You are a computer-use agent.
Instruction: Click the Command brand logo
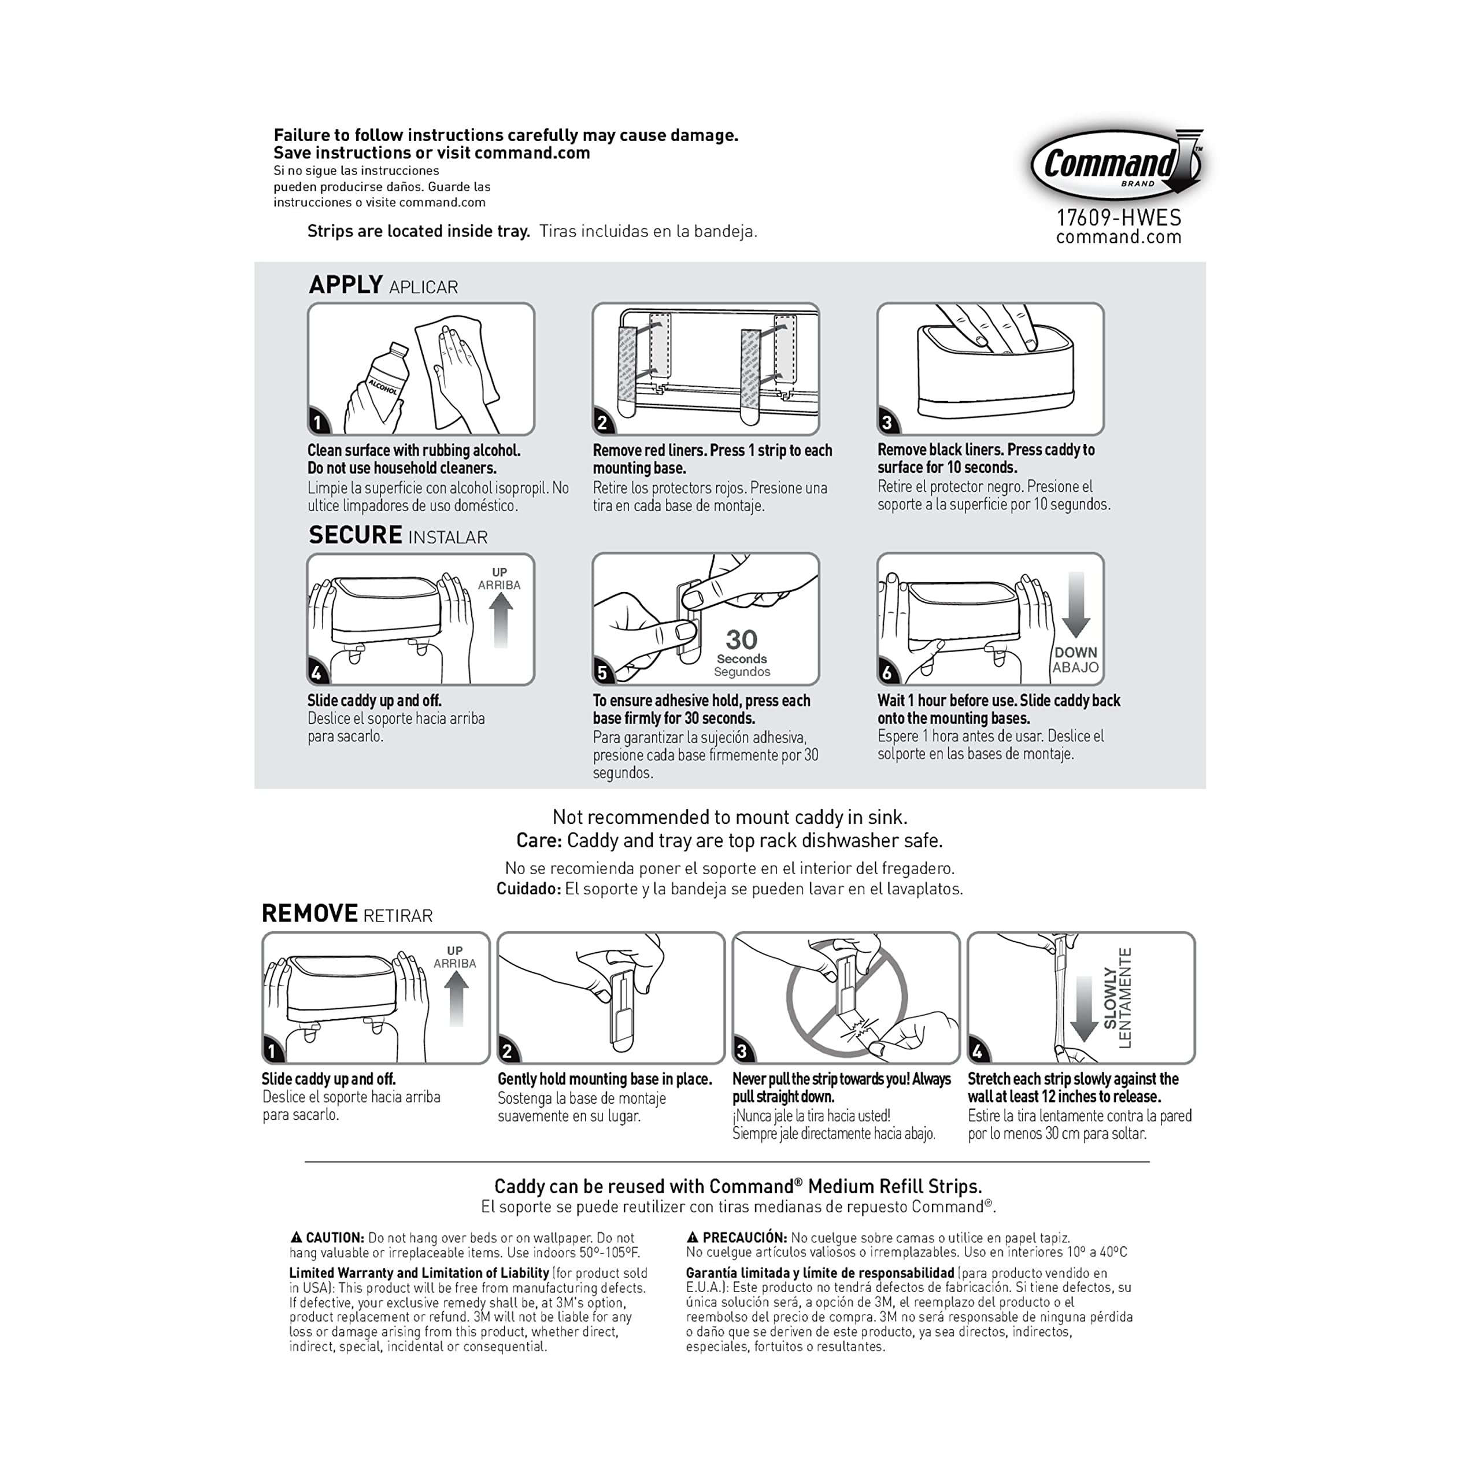pos(1115,165)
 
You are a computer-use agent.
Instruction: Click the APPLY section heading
pos(346,285)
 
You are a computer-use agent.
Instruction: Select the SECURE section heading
pos(356,535)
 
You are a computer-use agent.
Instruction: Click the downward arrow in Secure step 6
pos(1075,605)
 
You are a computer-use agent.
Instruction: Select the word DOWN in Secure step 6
pos(1075,653)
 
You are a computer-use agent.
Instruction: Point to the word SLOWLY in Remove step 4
pos(1110,997)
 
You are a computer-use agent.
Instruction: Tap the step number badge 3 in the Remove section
pos(742,1051)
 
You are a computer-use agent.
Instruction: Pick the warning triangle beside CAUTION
pos(297,1237)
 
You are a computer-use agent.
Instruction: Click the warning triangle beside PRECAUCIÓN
pos(693,1237)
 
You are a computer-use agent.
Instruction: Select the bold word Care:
pos(539,841)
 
